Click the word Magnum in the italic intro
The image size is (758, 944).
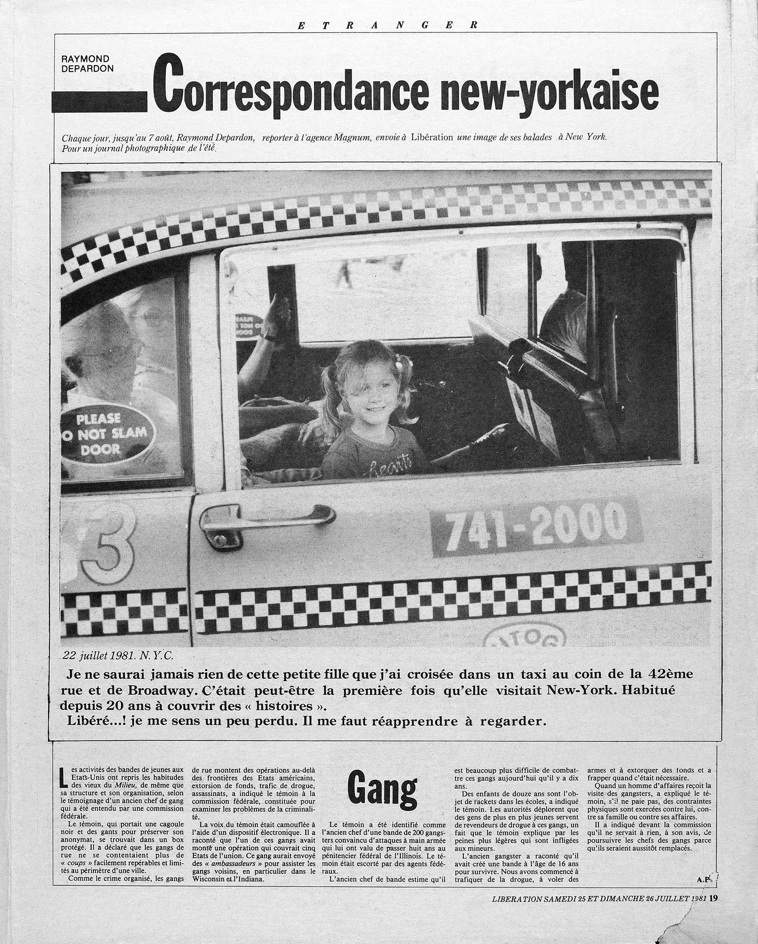pos(353,138)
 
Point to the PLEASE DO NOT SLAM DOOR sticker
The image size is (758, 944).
pos(111,435)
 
